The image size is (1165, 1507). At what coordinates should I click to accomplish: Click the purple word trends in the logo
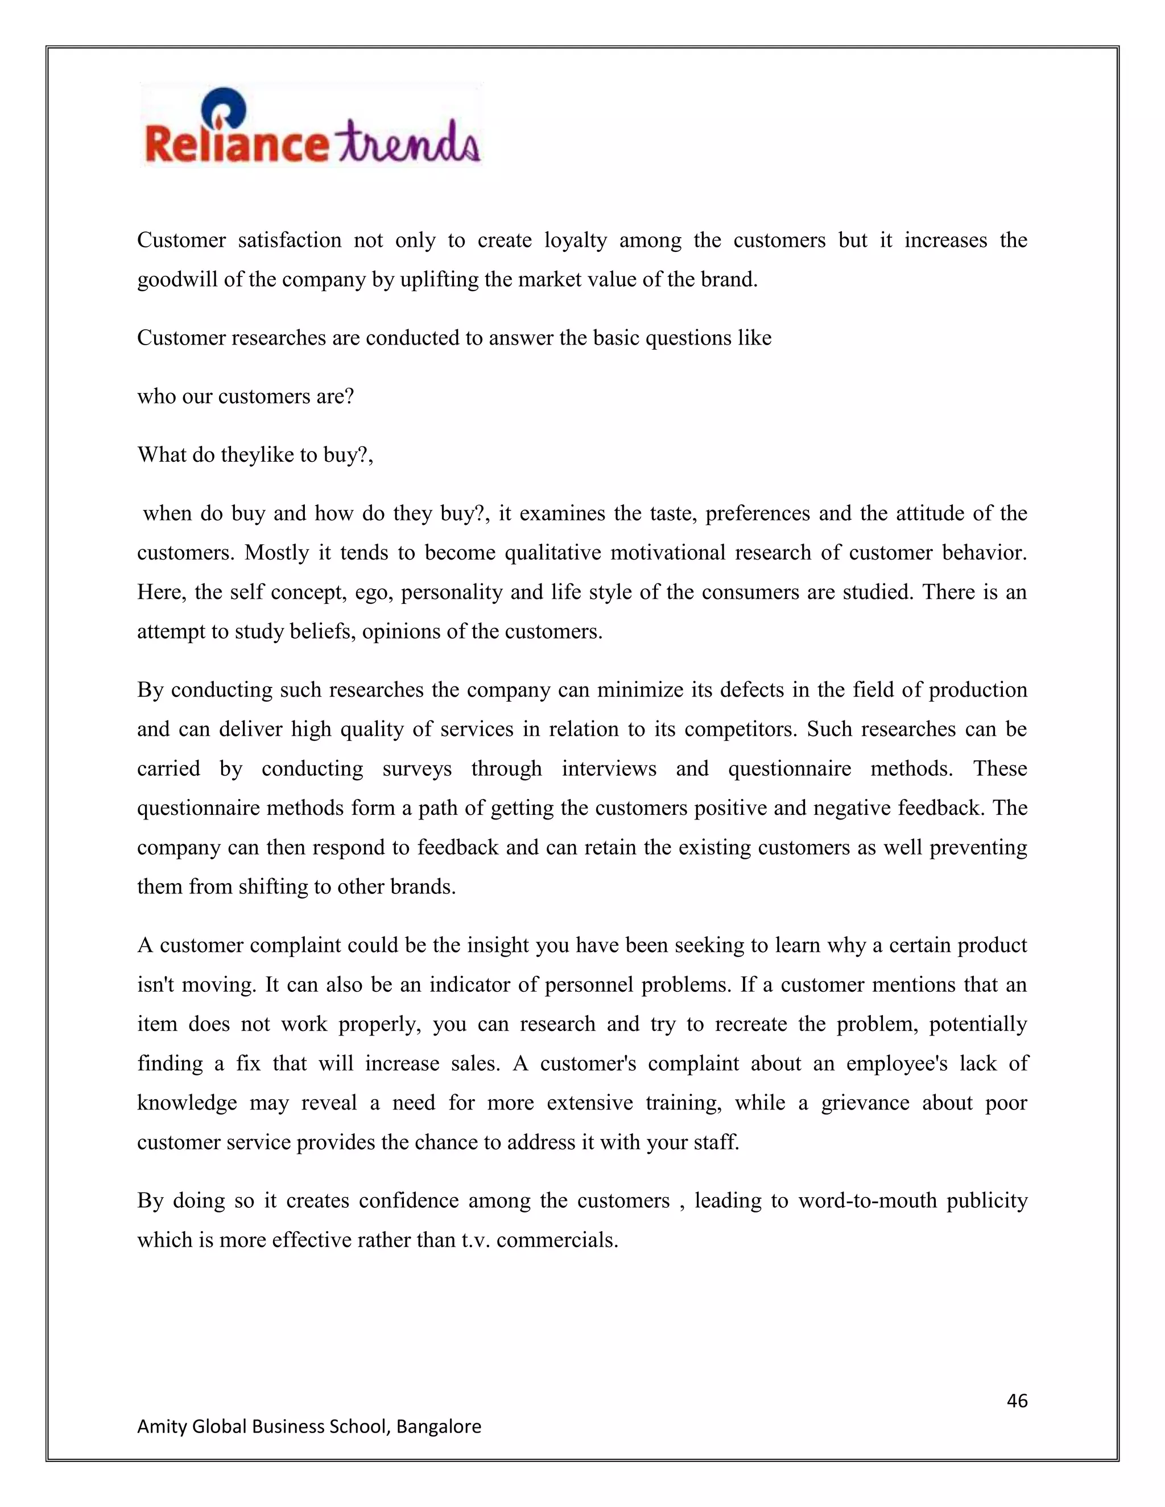(x=405, y=142)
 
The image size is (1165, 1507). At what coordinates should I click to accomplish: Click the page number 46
(x=1017, y=1400)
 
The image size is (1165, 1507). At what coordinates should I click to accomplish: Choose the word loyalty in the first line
(x=576, y=240)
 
